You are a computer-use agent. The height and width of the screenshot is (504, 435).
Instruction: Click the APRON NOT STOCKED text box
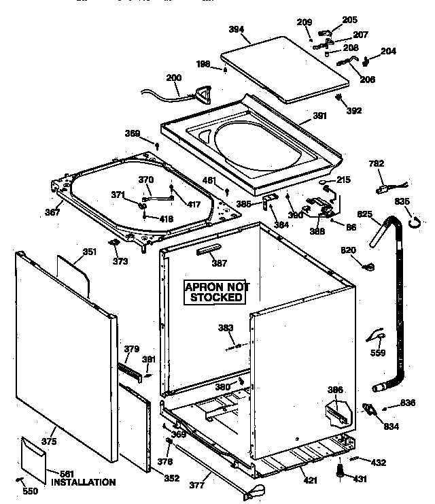pos(217,292)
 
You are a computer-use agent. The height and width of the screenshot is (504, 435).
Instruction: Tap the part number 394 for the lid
pos(237,30)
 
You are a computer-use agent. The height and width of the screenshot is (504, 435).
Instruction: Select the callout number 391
pos(320,116)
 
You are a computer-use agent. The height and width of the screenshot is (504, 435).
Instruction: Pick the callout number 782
pos(376,163)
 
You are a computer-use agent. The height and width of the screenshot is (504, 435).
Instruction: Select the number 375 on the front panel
pos(48,441)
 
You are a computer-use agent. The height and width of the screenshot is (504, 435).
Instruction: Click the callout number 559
pos(378,352)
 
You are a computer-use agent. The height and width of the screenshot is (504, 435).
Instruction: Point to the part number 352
pos(171,478)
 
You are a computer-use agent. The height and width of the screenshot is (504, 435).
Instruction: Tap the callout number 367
pos(52,212)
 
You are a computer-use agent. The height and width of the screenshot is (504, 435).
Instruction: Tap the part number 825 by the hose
pos(365,214)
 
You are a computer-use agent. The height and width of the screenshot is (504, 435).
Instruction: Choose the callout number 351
pos(89,252)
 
